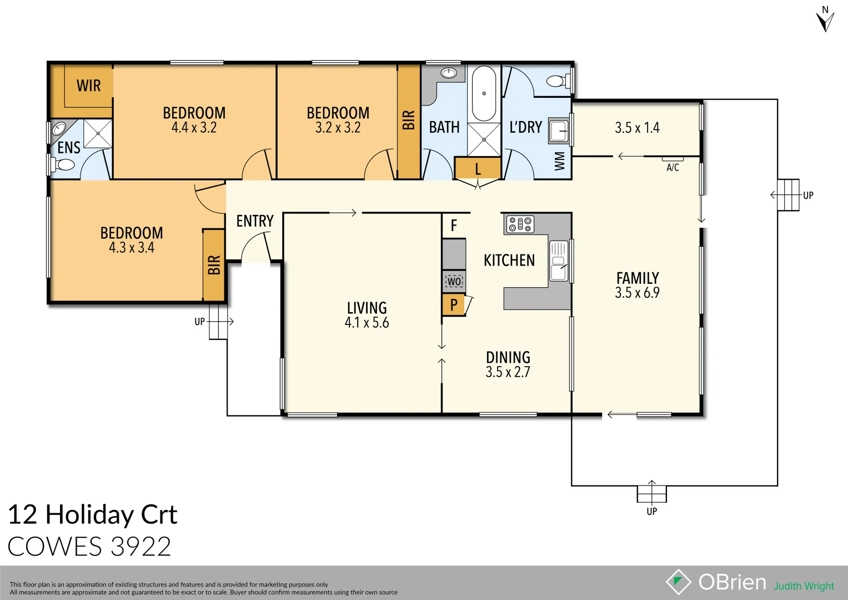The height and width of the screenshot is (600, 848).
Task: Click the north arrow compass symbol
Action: point(825,19)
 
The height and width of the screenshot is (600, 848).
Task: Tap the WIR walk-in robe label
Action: point(89,86)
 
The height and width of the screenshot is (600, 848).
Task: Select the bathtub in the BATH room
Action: point(484,93)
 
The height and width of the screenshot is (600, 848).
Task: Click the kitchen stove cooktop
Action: point(520,224)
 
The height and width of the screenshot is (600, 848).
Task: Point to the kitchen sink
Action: point(558,261)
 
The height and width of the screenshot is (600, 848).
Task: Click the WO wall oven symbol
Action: point(454,281)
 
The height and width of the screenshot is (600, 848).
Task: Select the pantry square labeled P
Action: point(454,304)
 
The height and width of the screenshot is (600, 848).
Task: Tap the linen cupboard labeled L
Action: point(478,169)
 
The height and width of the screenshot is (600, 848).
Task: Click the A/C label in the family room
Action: point(673,167)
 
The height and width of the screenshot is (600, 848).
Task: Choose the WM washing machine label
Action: point(560,161)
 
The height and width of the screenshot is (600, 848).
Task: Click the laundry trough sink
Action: point(559,132)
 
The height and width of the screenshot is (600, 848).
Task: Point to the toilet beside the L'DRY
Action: point(557,82)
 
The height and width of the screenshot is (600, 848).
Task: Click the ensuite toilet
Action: point(63,164)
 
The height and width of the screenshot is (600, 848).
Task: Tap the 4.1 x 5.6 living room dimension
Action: point(367,323)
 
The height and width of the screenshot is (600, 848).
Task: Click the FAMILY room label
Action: point(638,278)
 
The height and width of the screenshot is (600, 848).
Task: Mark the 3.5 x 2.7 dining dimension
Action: point(508,372)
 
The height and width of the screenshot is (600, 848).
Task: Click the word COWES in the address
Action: point(55,547)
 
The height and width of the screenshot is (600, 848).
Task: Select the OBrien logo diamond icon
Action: point(678,582)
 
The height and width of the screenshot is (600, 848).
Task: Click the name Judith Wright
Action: point(804,586)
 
